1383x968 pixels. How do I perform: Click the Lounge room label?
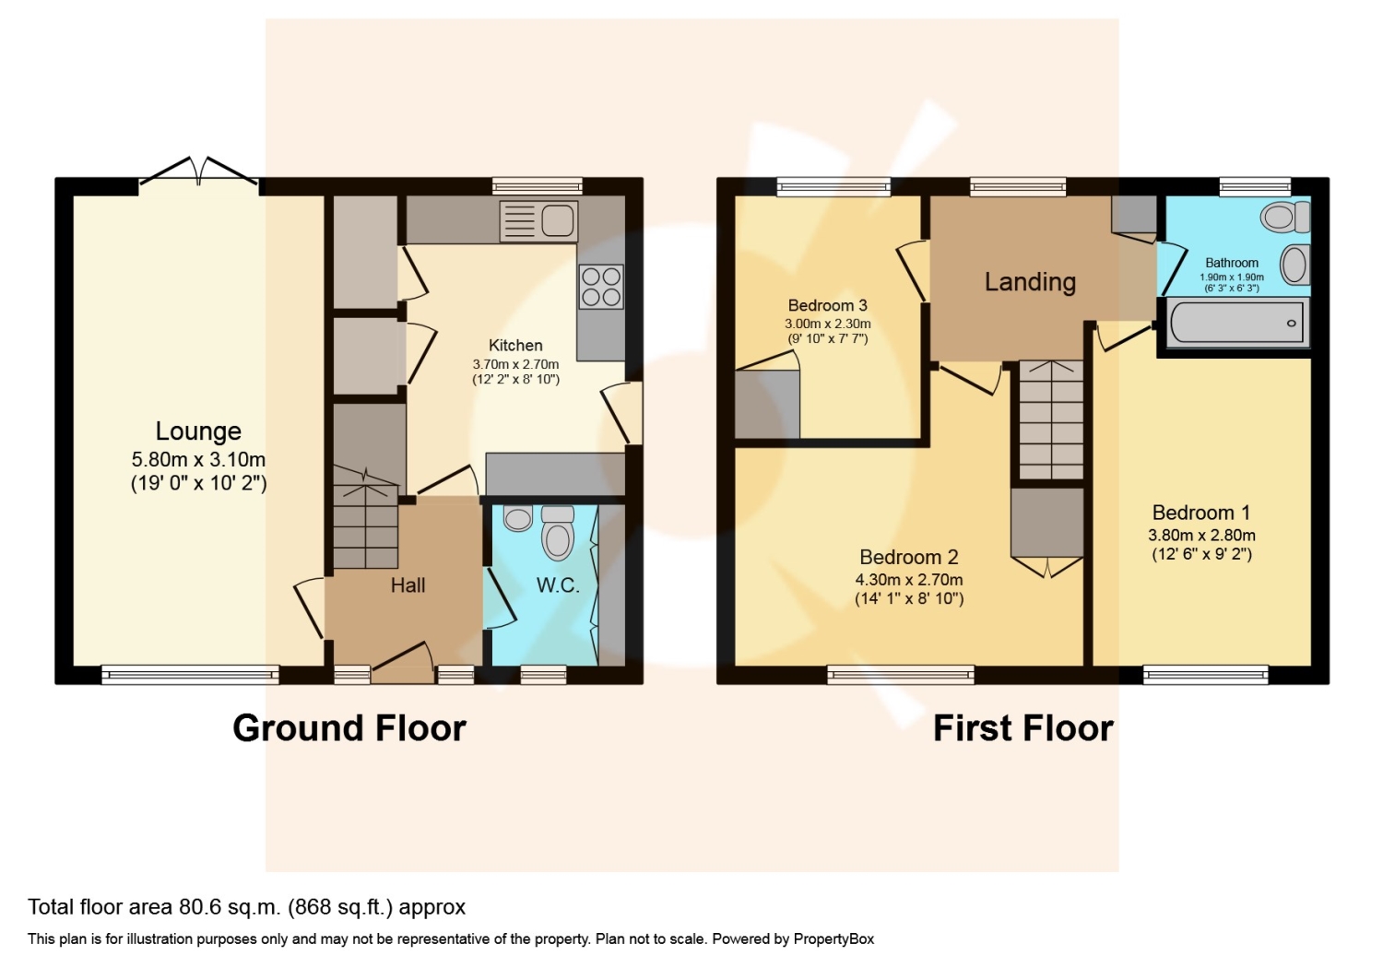click(198, 431)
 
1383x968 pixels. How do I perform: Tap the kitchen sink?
click(539, 220)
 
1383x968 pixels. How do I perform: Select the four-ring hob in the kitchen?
click(601, 287)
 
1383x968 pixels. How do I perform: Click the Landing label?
click(1030, 282)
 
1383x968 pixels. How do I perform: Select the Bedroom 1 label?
click(1201, 513)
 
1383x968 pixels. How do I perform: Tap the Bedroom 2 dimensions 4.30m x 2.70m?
click(909, 580)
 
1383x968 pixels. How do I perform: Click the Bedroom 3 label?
click(827, 305)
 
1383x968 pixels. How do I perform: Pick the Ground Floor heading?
click(349, 728)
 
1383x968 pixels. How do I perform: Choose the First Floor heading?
click(1023, 728)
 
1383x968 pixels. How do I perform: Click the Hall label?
click(408, 585)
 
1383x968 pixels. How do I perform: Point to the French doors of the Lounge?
click(199, 171)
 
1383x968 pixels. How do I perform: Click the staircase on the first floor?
click(1051, 419)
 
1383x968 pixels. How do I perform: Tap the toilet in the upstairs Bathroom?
click(1285, 218)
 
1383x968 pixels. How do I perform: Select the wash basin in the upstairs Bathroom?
click(1294, 266)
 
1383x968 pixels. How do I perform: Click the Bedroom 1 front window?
click(1206, 675)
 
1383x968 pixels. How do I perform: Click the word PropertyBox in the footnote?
click(833, 939)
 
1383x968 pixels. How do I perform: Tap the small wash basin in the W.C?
click(518, 518)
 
